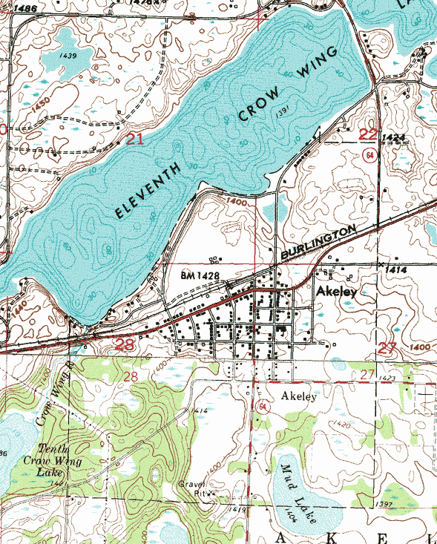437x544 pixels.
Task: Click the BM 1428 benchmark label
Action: (x=202, y=275)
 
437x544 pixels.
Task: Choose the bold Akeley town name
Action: (x=336, y=292)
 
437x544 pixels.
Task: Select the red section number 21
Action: (x=134, y=138)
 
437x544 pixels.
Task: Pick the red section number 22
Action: (x=368, y=134)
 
